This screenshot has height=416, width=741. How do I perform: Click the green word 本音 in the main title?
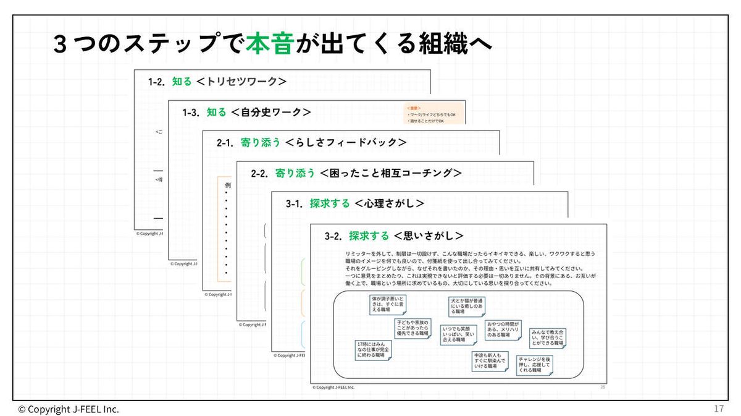pos(269,45)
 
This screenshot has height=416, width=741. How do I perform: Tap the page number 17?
pos(718,409)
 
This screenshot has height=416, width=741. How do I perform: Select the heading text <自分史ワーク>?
pos(270,112)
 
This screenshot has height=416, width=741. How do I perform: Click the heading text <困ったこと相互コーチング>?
pos(390,173)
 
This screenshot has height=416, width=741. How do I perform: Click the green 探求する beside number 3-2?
pos(369,236)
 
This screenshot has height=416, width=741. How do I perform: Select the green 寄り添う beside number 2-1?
pos(260,142)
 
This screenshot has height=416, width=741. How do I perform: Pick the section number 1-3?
pos(191,112)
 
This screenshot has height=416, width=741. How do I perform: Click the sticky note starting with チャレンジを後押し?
pos(534,365)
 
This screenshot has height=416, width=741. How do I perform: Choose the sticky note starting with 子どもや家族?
pos(412,328)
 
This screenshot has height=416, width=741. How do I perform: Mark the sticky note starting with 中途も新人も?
pos(490,361)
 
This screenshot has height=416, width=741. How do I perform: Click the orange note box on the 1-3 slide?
pos(434,113)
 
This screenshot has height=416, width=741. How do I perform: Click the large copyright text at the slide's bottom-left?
pos(69,409)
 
